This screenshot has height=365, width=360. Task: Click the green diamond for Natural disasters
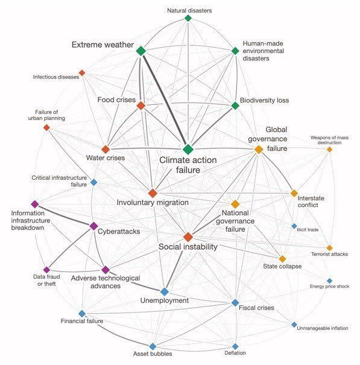pos(188,18)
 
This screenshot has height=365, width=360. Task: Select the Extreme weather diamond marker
pos(141,51)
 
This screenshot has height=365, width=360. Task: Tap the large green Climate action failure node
pos(188,149)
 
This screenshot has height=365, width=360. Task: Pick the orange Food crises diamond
pos(141,106)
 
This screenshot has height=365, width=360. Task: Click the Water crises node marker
pos(106,149)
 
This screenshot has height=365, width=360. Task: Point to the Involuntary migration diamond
pos(153,193)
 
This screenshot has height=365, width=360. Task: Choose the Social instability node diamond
pos(188,237)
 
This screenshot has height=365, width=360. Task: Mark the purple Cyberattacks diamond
pos(93,226)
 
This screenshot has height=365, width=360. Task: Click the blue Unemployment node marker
pos(165,291)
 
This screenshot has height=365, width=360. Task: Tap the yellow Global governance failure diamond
pos(259,149)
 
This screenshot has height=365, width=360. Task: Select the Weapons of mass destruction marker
pos(329,150)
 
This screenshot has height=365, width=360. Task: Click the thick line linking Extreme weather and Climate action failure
pos(165,100)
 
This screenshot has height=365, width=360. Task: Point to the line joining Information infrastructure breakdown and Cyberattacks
pos(64,215)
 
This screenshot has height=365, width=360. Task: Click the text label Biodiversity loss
pos(264,100)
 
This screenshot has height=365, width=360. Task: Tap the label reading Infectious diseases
pos(56,77)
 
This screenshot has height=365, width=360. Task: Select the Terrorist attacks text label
pos(329,254)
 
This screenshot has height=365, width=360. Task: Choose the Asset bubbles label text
pos(153,354)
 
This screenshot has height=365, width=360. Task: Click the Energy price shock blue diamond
pos(329,281)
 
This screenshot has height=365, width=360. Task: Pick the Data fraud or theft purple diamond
pos(46,270)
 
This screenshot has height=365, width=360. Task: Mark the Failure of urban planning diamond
pos(46,127)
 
